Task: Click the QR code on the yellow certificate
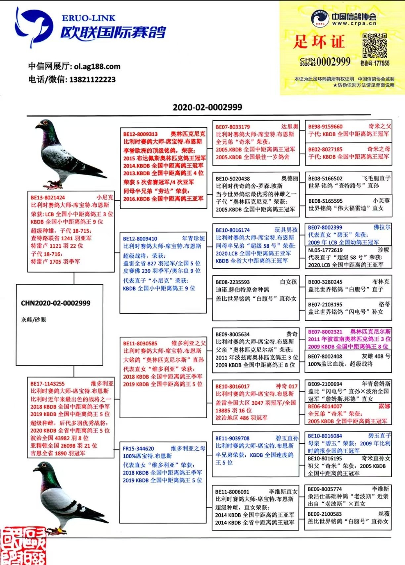pyautogui.click(x=375, y=45)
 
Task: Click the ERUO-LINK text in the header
pyautogui.click(x=88, y=18)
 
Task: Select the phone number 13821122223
pyautogui.click(x=92, y=79)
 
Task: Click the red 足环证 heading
pyautogui.click(x=319, y=42)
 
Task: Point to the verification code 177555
pyautogui.click(x=375, y=63)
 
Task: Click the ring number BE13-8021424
pyautogui.click(x=48, y=198)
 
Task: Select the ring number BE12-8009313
pyautogui.click(x=140, y=134)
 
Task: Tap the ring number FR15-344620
pyautogui.click(x=138, y=449)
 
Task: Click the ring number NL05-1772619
pyautogui.click(x=325, y=250)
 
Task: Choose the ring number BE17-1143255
pyautogui.click(x=48, y=384)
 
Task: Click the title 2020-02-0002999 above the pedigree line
pyautogui.click(x=207, y=107)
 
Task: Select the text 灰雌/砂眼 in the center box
pyautogui.click(x=34, y=320)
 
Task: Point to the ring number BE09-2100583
pyautogui.click(x=325, y=514)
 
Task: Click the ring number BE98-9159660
pyautogui.click(x=325, y=127)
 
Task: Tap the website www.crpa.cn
pyautogui.click(x=354, y=24)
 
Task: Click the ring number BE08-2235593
pyautogui.click(x=233, y=282)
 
